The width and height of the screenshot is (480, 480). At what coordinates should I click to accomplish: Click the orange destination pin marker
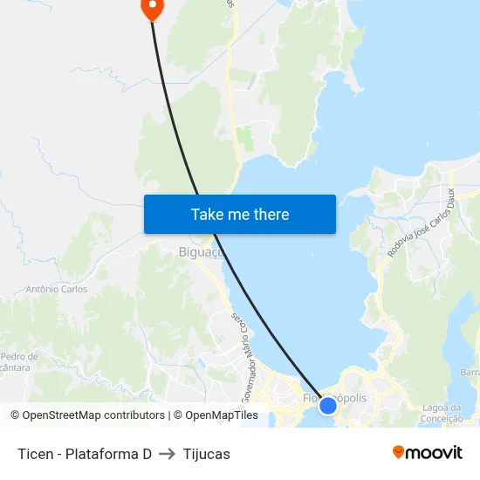(152, 8)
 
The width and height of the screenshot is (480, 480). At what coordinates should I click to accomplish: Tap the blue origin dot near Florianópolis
(328, 405)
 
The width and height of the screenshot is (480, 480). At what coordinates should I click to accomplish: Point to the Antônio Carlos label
(57, 289)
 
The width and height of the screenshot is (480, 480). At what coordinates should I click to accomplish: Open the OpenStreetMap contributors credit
(93, 415)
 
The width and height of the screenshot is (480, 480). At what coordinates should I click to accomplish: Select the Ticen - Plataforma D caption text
(85, 454)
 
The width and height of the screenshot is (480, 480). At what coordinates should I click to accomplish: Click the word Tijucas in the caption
(207, 454)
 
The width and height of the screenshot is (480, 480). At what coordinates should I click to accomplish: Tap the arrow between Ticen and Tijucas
(168, 454)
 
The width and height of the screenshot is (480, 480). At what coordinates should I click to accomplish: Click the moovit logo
(428, 452)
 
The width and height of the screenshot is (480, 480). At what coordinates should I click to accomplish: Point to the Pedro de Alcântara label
(19, 362)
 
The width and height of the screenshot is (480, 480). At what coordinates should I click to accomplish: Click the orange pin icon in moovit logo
(399, 452)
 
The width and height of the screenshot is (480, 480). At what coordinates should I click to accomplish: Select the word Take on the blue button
(208, 214)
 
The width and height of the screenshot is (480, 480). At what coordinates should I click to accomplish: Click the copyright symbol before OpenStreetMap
(16, 415)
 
